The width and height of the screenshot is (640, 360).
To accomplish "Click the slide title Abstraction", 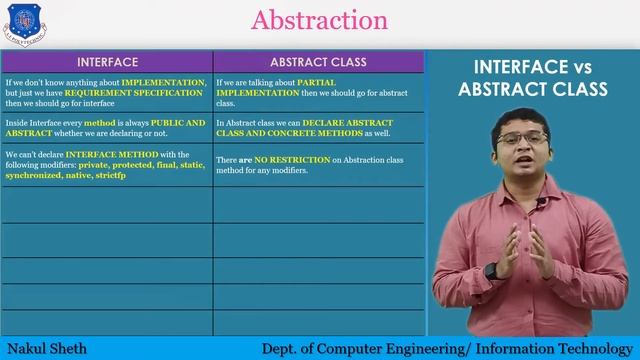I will click(319, 20).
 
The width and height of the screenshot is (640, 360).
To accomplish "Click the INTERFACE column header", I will click(107, 62).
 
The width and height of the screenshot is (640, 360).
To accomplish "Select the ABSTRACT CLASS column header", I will click(318, 62).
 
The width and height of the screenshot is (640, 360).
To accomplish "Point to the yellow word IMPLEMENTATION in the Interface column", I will click(163, 82).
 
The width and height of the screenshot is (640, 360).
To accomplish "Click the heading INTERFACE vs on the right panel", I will click(533, 68).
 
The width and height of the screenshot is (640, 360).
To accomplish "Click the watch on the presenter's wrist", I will click(491, 270).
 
